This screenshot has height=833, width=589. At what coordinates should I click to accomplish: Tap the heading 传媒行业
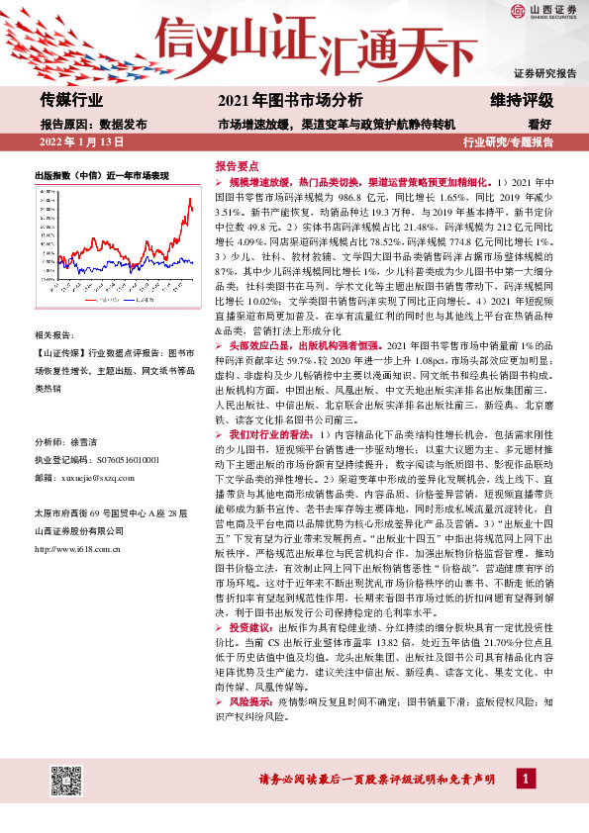(71, 101)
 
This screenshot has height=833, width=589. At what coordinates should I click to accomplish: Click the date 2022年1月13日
(81, 142)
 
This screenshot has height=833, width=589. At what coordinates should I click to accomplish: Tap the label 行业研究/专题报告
(509, 142)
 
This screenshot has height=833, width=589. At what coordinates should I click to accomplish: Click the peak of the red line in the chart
(189, 199)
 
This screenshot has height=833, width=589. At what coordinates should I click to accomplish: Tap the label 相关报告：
(56, 336)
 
